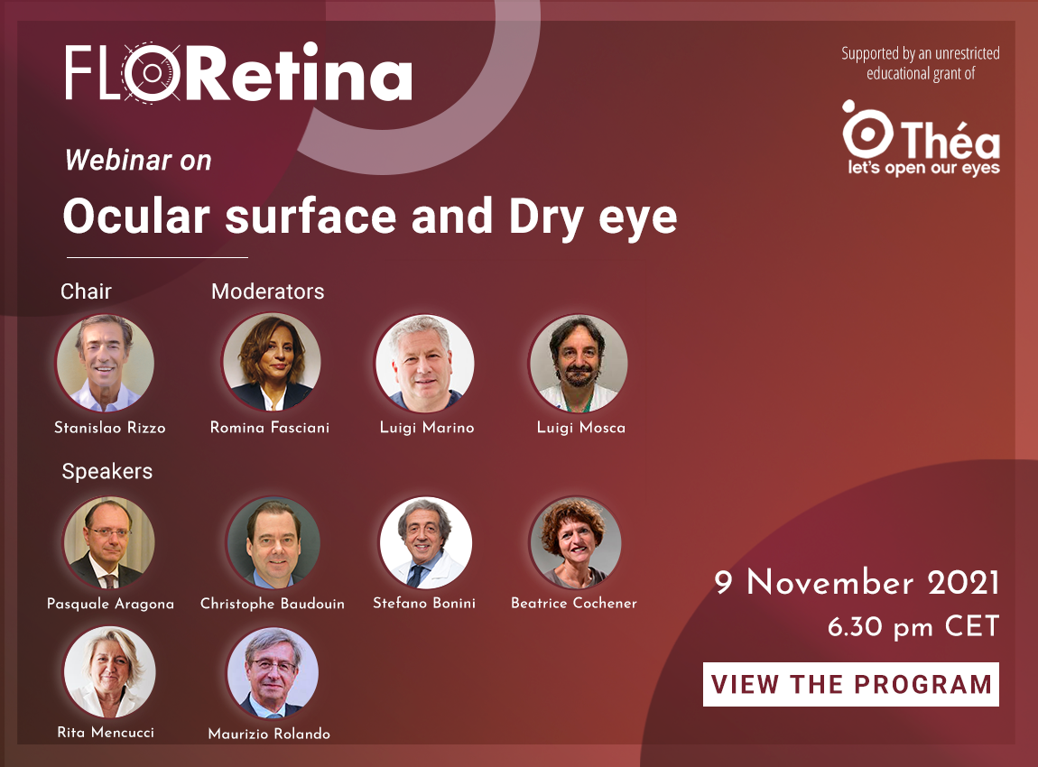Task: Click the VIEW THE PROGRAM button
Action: [850, 684]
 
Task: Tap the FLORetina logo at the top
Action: [238, 72]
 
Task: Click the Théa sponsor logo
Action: [921, 138]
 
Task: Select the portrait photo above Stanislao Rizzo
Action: [106, 363]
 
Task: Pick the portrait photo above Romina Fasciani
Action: [272, 362]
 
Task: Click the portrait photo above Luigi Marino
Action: [424, 364]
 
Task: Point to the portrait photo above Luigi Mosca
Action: [578, 364]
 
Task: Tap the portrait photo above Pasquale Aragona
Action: [109, 542]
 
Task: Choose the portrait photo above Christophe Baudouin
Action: [273, 543]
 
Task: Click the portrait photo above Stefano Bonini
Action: [426, 542]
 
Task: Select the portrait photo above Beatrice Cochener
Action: [576, 542]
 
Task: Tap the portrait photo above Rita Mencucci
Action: [109, 672]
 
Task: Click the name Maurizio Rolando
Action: [269, 734]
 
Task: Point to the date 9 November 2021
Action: [857, 582]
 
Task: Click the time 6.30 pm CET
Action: [913, 627]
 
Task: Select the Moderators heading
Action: [267, 291]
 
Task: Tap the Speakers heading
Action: [107, 471]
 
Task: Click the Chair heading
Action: [86, 291]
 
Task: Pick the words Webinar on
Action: [138, 160]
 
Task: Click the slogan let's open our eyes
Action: [924, 168]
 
